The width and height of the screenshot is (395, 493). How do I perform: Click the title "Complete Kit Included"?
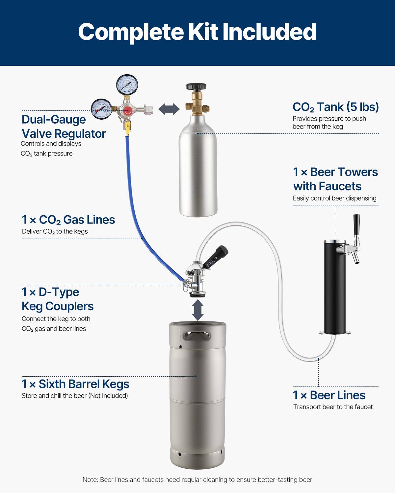click(x=197, y=32)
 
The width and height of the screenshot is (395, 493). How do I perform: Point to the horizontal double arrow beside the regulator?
click(x=169, y=109)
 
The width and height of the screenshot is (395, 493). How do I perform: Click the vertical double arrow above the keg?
click(x=197, y=310)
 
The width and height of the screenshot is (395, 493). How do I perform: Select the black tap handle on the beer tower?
click(x=356, y=225)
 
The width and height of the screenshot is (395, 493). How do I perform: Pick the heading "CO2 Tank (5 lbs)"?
click(x=335, y=107)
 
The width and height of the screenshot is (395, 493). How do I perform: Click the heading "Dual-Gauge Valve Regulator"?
click(x=64, y=127)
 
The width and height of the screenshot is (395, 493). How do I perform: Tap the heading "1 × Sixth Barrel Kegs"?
click(x=75, y=384)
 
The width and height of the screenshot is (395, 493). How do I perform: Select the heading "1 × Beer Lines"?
click(x=329, y=395)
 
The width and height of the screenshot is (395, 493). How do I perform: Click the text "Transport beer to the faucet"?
click(x=333, y=407)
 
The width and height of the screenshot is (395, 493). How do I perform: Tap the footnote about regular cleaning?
click(x=197, y=480)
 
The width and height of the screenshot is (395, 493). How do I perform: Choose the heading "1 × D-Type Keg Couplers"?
click(x=58, y=299)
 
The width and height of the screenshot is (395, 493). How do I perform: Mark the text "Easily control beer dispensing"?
click(x=334, y=198)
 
